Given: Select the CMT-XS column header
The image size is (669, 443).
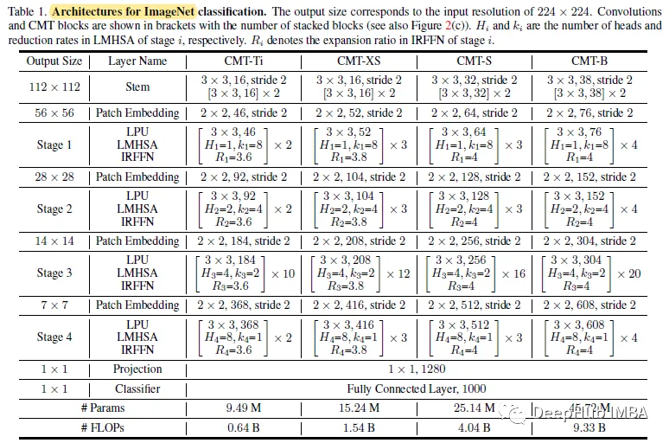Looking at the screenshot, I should tap(360, 62).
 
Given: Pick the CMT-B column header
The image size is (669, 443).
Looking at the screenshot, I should tap(590, 62).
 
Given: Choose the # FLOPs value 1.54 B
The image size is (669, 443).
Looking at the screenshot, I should tap(360, 427).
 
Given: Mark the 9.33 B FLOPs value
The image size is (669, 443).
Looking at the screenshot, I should tap(590, 427).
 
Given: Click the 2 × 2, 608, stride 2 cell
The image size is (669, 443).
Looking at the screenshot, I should tap(590, 305).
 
